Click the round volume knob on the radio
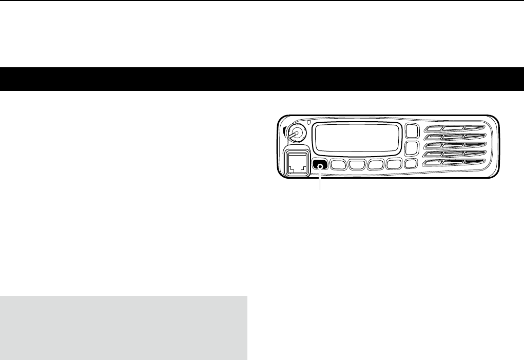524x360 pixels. pos(295,133)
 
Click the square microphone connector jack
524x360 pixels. pos(297,163)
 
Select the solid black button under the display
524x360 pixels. pos(320,165)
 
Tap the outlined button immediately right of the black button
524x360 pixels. pos(338,165)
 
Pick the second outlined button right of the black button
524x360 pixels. pos(357,165)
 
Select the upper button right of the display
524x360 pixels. pos(411,131)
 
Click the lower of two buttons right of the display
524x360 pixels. pos(411,148)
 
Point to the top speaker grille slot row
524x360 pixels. pos(454,127)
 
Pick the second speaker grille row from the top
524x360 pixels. pos(454,137)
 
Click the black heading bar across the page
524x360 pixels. pos(262,79)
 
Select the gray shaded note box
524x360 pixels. pos(123,328)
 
